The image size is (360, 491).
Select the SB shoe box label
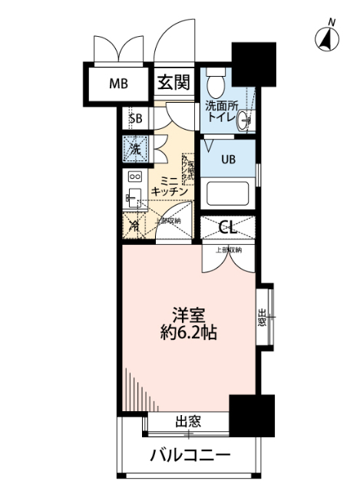[136, 118]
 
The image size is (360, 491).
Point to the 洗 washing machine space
[134, 147]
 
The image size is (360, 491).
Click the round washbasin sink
[245, 120]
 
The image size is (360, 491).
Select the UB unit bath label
[229, 160]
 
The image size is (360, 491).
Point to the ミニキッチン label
[170, 184]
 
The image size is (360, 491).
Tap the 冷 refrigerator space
[134, 226]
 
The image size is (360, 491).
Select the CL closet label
[227, 226]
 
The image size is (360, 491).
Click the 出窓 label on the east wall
[262, 316]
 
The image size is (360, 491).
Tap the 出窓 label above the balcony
[188, 420]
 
